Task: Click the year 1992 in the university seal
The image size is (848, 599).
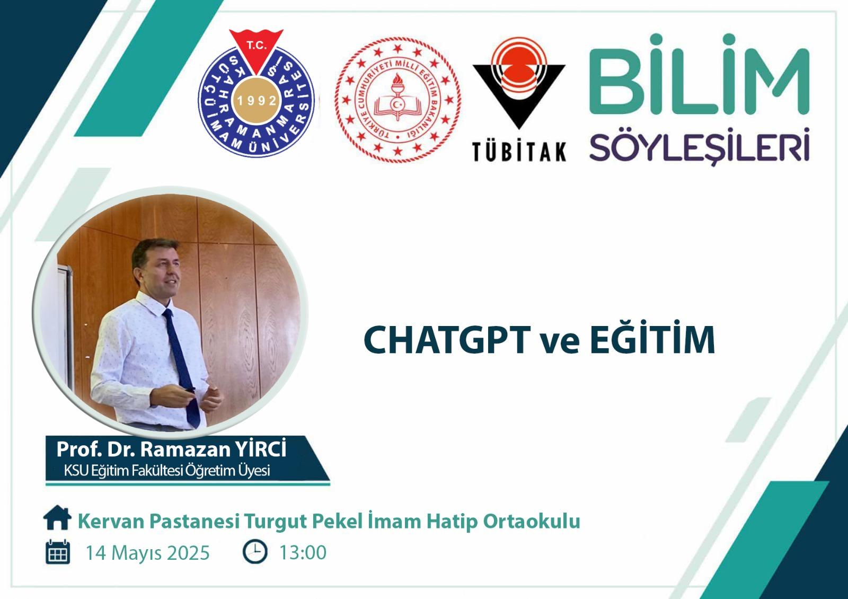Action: click(257, 100)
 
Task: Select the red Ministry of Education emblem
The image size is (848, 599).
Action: click(397, 100)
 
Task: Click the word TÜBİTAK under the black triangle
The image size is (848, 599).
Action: click(519, 152)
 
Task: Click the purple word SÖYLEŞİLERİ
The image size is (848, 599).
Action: click(699, 146)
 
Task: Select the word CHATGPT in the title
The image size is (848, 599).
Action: click(446, 339)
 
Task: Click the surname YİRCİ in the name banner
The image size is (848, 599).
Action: click(261, 448)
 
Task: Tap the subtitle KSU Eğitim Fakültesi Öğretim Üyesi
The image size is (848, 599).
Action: click(167, 471)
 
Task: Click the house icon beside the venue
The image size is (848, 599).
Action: click(57, 517)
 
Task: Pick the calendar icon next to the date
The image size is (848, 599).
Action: click(58, 552)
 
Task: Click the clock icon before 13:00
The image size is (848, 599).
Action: click(255, 551)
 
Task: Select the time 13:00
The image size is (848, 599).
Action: click(303, 552)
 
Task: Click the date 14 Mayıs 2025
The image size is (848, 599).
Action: click(148, 553)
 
